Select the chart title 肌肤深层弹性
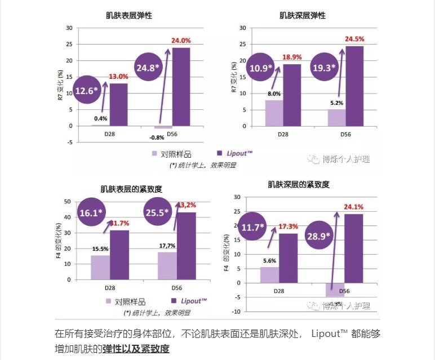click(x=302, y=16)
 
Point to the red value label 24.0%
click(x=181, y=41)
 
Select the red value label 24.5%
click(x=354, y=39)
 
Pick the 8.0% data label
click(x=274, y=94)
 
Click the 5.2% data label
click(x=336, y=103)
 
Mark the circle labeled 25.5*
click(x=158, y=213)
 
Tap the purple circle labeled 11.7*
click(x=253, y=228)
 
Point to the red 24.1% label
click(x=354, y=206)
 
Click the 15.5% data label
click(x=100, y=248)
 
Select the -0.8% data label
click(x=157, y=137)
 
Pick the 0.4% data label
click(x=101, y=119)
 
